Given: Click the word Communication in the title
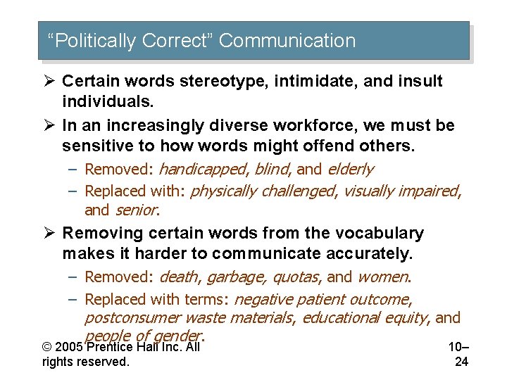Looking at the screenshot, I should pyautogui.click(x=287, y=41).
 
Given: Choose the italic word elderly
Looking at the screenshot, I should pyautogui.click(x=349, y=169).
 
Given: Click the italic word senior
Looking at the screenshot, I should pyautogui.click(x=137, y=210).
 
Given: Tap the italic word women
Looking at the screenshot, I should pyautogui.click(x=383, y=277).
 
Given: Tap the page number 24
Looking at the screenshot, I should pyautogui.click(x=461, y=362).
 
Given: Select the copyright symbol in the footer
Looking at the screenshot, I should pyautogui.click(x=46, y=347).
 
